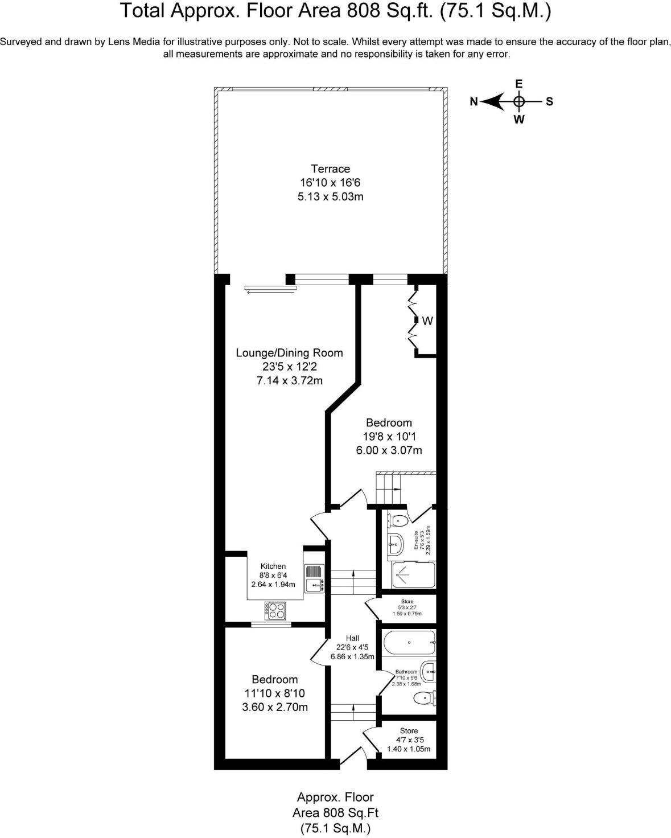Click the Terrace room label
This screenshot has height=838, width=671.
[330, 169]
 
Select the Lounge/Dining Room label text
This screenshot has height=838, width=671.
[289, 353]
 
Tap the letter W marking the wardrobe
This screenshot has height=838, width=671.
[427, 321]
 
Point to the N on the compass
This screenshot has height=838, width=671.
[474, 102]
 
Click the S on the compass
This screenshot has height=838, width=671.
[549, 102]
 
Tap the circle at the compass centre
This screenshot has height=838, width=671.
[518, 102]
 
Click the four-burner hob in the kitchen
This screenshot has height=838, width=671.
[277, 611]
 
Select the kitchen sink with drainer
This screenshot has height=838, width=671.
[314, 578]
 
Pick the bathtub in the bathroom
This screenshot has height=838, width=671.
[409, 643]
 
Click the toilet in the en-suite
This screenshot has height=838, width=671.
[398, 519]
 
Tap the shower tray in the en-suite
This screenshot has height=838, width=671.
[414, 575]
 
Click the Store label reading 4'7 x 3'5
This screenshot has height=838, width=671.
[409, 740]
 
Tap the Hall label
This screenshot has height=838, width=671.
[352, 638]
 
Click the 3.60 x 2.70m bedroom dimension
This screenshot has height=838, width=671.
[275, 708]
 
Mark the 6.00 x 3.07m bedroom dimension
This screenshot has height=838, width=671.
[389, 450]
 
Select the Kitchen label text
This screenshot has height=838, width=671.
[273, 566]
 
